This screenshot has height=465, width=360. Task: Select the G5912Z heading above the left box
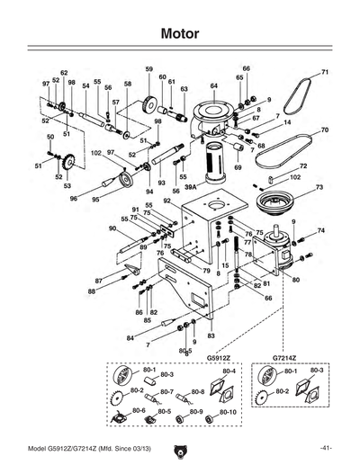point(220,357)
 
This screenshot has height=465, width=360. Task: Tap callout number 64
point(215,85)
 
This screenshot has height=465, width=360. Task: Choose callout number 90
point(112,228)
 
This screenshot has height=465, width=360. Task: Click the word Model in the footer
point(40,448)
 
